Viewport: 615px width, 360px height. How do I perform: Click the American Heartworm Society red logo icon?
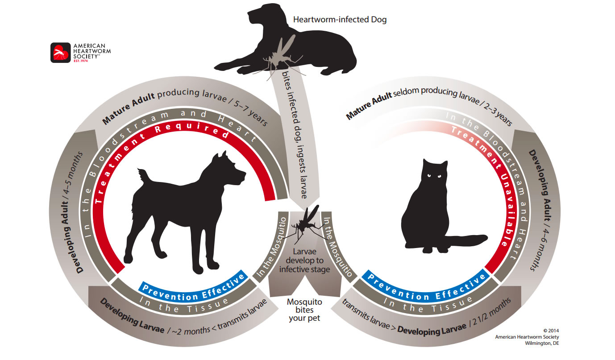coord(60,53)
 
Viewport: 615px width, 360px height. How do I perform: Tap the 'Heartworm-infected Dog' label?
coord(340,20)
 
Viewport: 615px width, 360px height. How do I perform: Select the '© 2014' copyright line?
coord(551,331)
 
